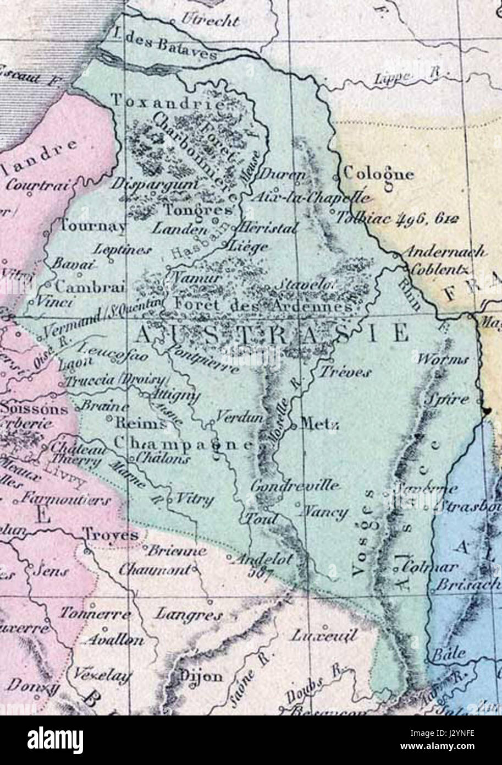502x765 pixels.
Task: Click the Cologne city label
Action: click(378, 174)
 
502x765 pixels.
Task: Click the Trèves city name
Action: click(345, 372)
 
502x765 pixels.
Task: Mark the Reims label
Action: click(140, 424)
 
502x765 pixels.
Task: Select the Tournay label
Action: click(92, 226)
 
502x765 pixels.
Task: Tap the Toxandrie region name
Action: click(168, 101)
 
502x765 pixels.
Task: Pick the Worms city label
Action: click(443, 360)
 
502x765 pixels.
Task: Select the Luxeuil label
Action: click(324, 636)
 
